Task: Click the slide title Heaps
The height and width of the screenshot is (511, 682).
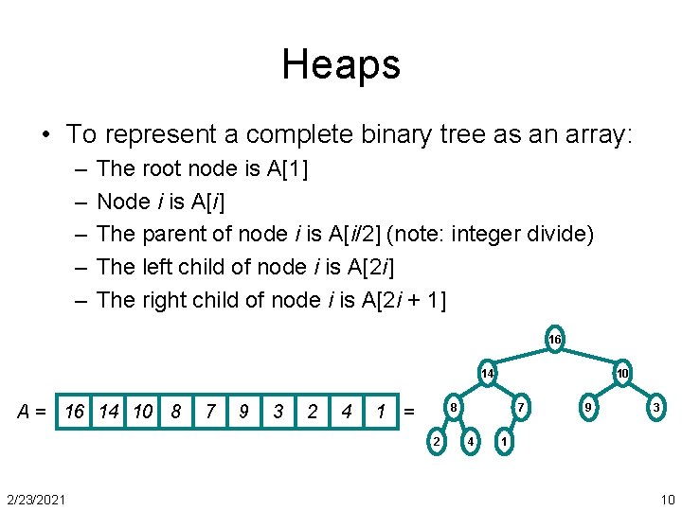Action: coord(341,64)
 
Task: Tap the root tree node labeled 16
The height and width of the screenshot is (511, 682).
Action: coord(555,340)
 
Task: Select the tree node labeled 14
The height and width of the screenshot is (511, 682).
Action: coord(487,374)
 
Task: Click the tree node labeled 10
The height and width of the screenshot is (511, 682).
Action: coord(623,374)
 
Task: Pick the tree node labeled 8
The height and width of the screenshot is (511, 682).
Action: coord(455,408)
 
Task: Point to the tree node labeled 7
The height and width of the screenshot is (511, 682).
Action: coord(519,408)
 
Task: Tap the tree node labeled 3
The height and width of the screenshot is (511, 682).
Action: coord(655,408)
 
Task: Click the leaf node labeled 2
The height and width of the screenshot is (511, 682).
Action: coord(437,442)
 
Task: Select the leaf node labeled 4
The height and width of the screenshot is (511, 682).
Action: coord(471,442)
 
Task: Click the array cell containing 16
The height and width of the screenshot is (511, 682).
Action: coord(74,412)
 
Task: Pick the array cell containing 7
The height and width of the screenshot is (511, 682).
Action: coord(210,412)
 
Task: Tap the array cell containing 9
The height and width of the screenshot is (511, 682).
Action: coord(244,412)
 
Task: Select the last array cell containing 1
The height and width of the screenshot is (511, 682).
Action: coord(381,412)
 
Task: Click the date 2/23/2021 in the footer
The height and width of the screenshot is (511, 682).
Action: coord(36,500)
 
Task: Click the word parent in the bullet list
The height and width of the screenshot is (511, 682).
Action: coord(170,234)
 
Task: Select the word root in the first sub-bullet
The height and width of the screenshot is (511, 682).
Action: coord(164,168)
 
